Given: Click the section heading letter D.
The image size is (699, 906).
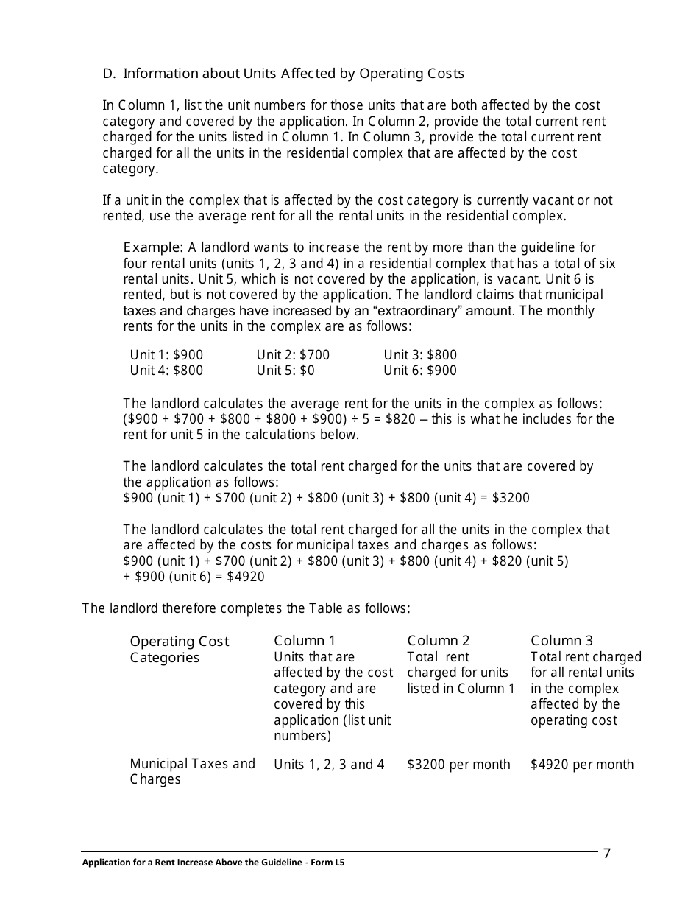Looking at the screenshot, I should pyautogui.click(x=108, y=74).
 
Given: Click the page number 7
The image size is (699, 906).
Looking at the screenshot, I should pyautogui.click(x=607, y=854).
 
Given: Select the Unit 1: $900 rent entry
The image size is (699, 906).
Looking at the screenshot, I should pyautogui.click(x=166, y=355).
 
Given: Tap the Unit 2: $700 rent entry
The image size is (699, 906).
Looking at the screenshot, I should pyautogui.click(x=293, y=355).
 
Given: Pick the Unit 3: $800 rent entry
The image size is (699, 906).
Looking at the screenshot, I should pyautogui.click(x=420, y=355).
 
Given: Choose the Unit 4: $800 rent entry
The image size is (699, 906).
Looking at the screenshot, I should pyautogui.click(x=166, y=371).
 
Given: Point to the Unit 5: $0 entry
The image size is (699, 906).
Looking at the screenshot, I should pyautogui.click(x=285, y=371).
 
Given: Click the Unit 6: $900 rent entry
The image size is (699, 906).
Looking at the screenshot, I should pyautogui.click(x=420, y=371).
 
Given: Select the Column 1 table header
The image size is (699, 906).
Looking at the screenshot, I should pyautogui.click(x=305, y=641).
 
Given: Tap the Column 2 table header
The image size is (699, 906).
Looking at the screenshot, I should pyautogui.click(x=439, y=641).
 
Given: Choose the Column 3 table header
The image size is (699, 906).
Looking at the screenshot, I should pyautogui.click(x=561, y=641).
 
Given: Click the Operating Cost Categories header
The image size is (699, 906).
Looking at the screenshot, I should pyautogui.click(x=180, y=650).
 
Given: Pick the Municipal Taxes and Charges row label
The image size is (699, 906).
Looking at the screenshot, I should pyautogui.click(x=192, y=771).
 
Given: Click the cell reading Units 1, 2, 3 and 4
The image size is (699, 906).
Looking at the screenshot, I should pyautogui.click(x=329, y=765).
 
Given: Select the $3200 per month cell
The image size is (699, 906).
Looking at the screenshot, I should pyautogui.click(x=458, y=765).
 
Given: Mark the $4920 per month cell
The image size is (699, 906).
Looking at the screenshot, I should pyautogui.click(x=582, y=765).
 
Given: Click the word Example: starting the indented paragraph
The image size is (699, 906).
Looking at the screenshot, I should pyautogui.click(x=153, y=247).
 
